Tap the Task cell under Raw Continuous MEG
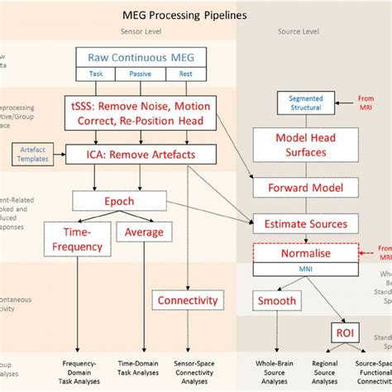tap(96, 74)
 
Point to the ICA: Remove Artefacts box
tap(144, 154)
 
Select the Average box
tap(143, 233)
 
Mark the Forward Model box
tap(293, 187)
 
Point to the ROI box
tap(342, 332)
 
